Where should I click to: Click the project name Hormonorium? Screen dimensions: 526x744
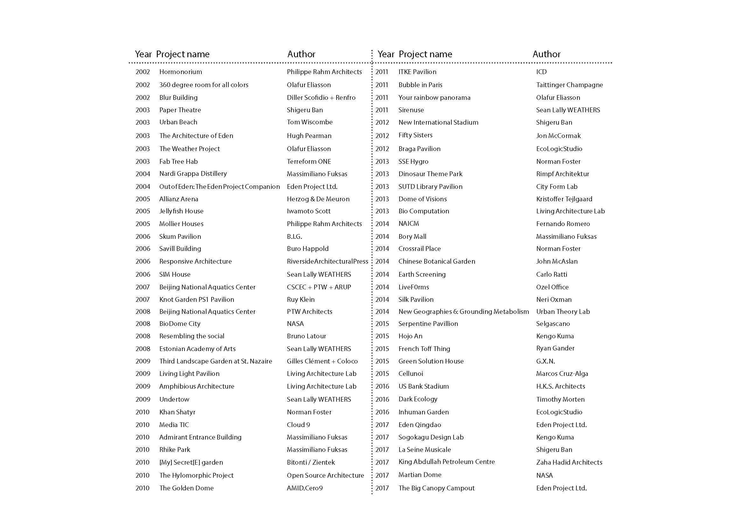[180, 72]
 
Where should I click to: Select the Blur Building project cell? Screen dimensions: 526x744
[178, 98]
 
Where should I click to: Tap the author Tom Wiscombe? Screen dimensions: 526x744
[309, 122]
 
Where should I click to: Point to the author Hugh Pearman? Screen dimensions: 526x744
[309, 136]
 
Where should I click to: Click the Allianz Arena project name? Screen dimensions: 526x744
[178, 199]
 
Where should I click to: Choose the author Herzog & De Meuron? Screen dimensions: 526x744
[318, 199]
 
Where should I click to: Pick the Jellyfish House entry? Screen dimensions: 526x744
[181, 211]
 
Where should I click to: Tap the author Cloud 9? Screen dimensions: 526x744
[298, 425]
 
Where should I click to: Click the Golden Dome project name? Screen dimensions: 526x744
[186, 488]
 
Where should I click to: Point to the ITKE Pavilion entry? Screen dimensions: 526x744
[417, 72]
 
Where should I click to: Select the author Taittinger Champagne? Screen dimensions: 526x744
[569, 85]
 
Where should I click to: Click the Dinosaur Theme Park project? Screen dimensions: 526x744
[430, 174]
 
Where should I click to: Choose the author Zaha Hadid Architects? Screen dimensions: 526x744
[569, 462]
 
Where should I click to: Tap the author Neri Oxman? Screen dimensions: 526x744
[554, 300]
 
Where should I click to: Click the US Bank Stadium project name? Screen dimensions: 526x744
[423, 386]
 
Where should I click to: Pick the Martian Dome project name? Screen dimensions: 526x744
[420, 475]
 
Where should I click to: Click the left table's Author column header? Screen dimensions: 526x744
[301, 54]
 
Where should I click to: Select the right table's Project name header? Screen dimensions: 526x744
[425, 54]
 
